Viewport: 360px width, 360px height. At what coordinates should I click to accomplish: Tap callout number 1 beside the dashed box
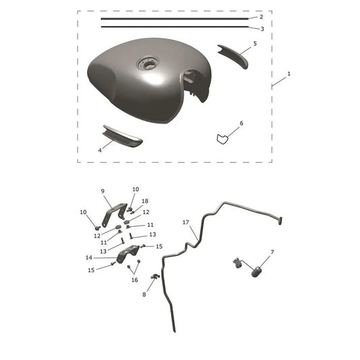[x=289, y=74]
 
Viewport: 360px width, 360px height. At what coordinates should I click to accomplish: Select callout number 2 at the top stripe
[x=261, y=17]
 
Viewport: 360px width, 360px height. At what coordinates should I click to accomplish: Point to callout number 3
[x=262, y=29]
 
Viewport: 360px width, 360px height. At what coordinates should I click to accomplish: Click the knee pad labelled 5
[x=234, y=55]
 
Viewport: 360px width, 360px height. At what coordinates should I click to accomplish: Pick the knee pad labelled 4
[x=122, y=136]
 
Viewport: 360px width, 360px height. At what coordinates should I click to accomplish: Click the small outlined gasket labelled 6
[x=222, y=139]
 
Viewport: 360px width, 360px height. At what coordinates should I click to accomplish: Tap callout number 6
[x=242, y=124]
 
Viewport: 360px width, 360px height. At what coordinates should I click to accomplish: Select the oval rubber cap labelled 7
[x=256, y=272]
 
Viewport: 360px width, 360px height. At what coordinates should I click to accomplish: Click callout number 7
[x=272, y=252]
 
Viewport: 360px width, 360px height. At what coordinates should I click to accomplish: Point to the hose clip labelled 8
[x=155, y=277]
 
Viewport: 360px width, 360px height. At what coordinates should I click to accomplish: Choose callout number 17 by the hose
[x=186, y=222]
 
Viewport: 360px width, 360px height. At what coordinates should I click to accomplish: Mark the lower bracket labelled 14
[x=128, y=254]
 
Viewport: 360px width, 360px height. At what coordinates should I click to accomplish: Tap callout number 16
[x=135, y=280]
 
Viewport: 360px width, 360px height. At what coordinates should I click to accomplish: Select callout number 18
[x=145, y=201]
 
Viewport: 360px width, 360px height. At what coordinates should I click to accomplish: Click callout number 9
[x=103, y=191]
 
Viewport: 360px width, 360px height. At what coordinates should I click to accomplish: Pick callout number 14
[x=89, y=257]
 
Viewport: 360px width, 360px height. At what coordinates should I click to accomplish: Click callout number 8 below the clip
[x=144, y=294]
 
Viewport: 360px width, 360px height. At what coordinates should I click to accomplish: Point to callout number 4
[x=100, y=151]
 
